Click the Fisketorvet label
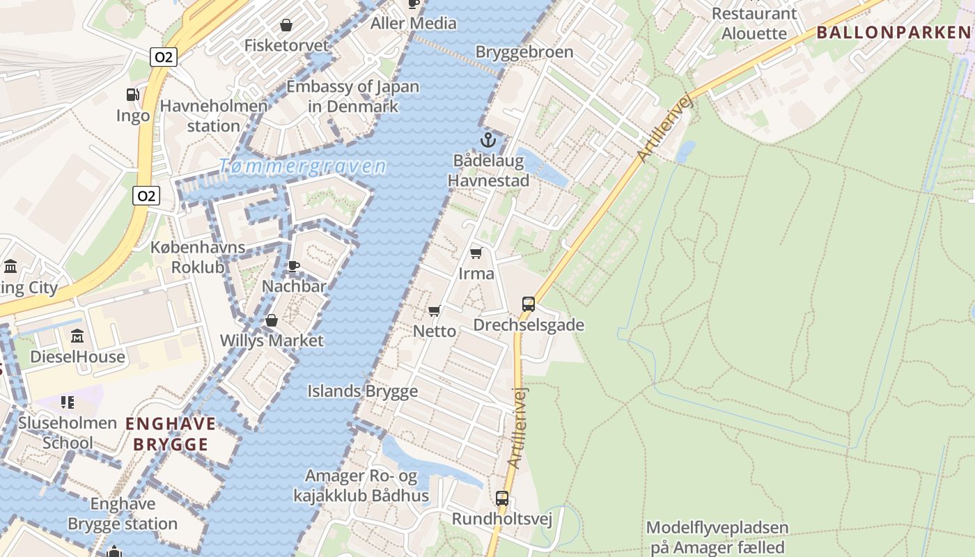(x=286, y=45)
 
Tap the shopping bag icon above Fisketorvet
(x=286, y=26)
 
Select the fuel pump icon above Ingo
(x=132, y=95)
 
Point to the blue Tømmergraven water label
(x=302, y=166)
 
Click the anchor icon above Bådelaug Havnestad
(x=488, y=140)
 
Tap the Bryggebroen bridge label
(x=524, y=52)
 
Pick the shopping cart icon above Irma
(x=476, y=253)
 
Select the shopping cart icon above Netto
(x=435, y=311)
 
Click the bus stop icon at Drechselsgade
(x=529, y=304)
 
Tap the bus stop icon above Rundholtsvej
(x=502, y=499)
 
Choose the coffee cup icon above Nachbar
(x=294, y=266)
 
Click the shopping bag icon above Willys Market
(x=272, y=320)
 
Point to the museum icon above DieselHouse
(x=77, y=336)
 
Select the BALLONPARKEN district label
(x=894, y=32)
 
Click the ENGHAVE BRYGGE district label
(x=171, y=434)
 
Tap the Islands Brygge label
(x=363, y=391)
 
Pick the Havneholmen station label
(x=214, y=116)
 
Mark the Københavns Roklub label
(x=198, y=258)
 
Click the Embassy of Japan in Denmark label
(x=353, y=97)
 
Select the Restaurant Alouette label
(x=754, y=23)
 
